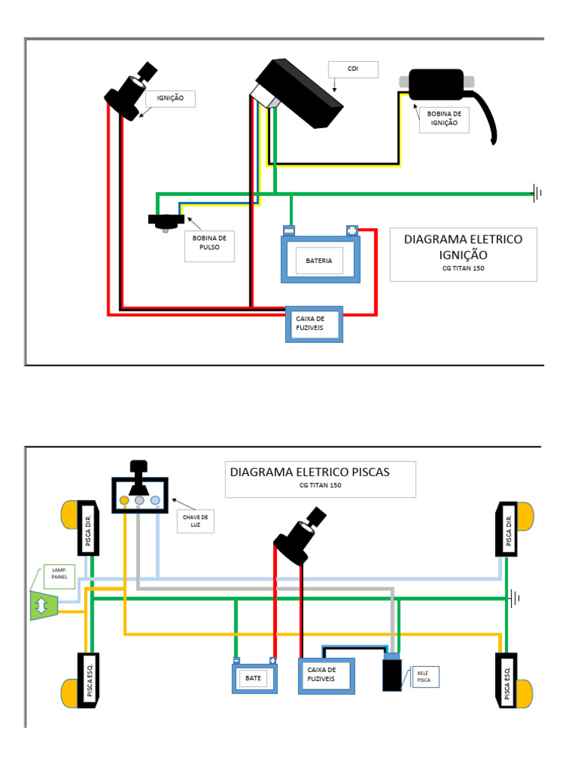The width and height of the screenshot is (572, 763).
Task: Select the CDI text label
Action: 353,69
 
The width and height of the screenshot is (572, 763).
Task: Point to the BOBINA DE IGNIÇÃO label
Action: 444,118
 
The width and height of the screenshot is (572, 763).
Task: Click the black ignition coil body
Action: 436,83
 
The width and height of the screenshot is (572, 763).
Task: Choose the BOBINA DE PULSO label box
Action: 209,246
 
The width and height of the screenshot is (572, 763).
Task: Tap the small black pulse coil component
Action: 166,221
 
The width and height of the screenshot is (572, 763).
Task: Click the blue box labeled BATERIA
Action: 320,260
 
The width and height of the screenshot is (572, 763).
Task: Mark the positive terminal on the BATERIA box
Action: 352,230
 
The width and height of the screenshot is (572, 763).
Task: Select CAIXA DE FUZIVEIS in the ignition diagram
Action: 315,323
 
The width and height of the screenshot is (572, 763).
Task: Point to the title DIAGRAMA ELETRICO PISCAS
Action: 320,478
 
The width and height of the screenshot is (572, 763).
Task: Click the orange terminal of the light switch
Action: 124,501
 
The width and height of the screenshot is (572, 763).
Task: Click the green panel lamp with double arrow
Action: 42,604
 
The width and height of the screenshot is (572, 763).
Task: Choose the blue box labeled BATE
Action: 254,678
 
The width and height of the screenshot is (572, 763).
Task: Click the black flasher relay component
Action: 393,674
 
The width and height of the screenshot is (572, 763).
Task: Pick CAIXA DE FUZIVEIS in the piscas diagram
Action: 326,675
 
